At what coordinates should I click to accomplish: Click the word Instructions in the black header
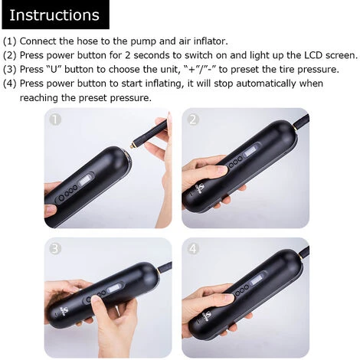(54, 15)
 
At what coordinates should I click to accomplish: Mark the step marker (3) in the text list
(10, 70)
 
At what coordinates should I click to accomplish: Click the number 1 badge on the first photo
(54, 119)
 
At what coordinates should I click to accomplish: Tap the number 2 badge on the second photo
(192, 119)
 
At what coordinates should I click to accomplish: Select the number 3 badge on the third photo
(54, 249)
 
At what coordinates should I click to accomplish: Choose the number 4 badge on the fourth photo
(192, 249)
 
